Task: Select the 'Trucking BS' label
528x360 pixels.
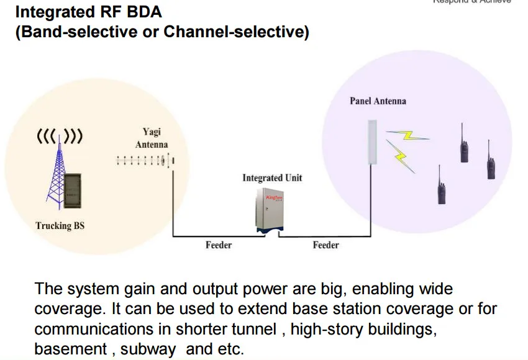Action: click(x=60, y=226)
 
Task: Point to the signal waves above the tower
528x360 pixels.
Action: click(x=60, y=136)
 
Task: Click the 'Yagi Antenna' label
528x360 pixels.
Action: click(x=152, y=138)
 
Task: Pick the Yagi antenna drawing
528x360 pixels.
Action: click(x=144, y=161)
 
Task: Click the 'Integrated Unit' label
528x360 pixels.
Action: click(x=272, y=178)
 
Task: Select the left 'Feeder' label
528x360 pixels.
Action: click(x=219, y=245)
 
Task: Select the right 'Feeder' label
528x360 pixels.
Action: click(x=325, y=245)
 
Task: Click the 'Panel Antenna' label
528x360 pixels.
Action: click(x=378, y=101)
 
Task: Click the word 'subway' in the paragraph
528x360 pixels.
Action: click(x=148, y=349)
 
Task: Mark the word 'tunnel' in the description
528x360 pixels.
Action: click(x=256, y=329)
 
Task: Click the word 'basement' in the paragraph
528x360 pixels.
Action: click(x=70, y=349)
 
